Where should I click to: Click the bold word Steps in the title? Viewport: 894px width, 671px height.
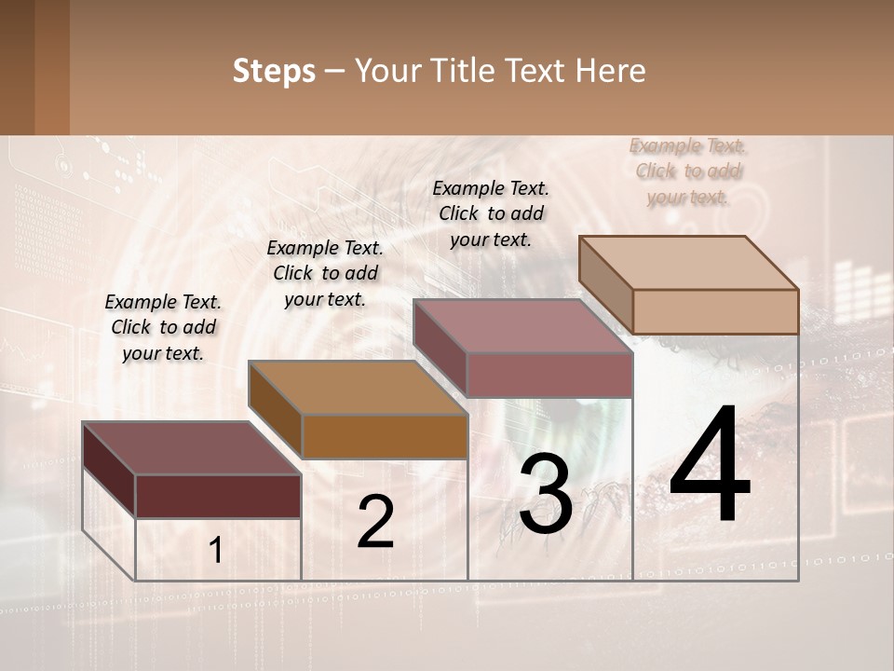[x=274, y=71]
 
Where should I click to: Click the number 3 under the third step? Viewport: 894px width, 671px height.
[x=545, y=494]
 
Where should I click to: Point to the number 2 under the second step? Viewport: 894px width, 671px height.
[x=375, y=523]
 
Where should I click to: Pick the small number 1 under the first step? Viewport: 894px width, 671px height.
[x=215, y=551]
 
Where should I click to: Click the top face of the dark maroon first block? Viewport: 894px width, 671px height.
[x=191, y=448]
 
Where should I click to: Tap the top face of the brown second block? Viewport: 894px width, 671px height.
[x=358, y=388]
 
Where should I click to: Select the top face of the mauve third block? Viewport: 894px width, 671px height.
[x=522, y=326]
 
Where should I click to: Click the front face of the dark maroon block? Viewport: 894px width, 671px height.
[x=218, y=496]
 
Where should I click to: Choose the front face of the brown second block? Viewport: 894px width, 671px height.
[x=385, y=436]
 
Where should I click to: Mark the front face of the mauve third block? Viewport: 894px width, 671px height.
[x=549, y=375]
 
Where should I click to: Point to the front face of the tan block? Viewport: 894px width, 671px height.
[x=715, y=311]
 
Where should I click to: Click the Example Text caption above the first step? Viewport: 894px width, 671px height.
[x=163, y=327]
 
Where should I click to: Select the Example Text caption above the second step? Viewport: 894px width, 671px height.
[x=325, y=273]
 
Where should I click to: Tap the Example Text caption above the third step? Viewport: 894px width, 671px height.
[x=491, y=213]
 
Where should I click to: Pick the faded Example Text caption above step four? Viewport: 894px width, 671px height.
[x=688, y=171]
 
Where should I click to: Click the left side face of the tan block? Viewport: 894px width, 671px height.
[x=605, y=284]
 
